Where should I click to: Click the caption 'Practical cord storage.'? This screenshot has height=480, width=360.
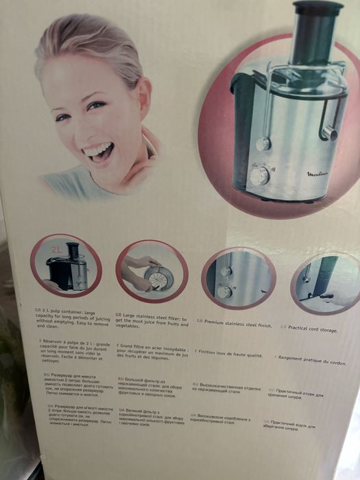312,328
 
